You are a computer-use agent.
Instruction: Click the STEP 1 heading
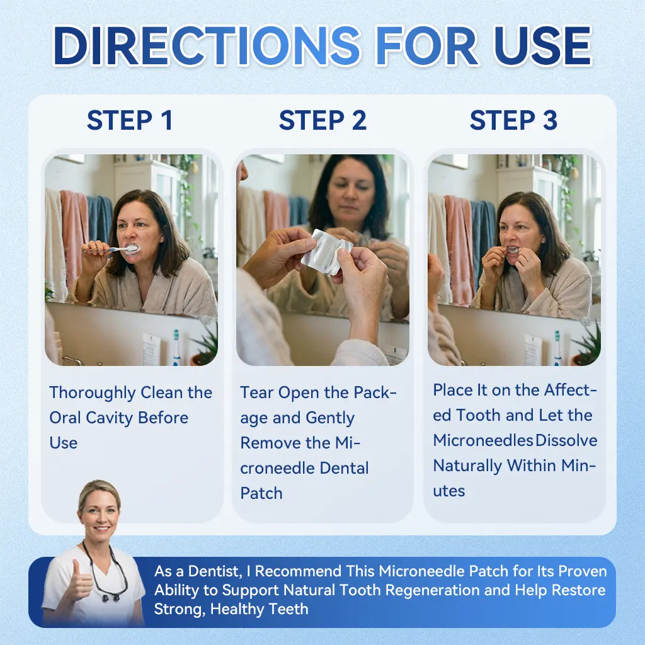(x=130, y=121)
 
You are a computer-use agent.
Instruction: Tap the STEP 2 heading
(x=322, y=121)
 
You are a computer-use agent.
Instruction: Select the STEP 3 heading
(x=513, y=121)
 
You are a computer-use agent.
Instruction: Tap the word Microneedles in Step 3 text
(x=482, y=440)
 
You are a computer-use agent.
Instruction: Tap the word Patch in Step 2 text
(x=261, y=493)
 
